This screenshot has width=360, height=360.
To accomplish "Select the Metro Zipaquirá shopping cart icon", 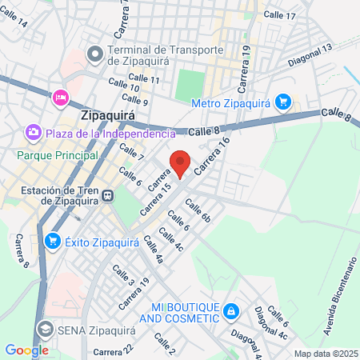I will (282, 102).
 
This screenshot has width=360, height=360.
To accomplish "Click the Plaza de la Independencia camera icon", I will (34, 130).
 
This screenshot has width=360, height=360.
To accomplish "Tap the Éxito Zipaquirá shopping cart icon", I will (53, 240).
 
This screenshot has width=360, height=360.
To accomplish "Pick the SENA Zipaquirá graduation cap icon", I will (45, 328).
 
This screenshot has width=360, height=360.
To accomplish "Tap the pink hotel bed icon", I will (60, 98).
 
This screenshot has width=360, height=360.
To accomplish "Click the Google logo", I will (26, 350).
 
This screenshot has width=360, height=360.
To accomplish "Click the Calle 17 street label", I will (279, 15).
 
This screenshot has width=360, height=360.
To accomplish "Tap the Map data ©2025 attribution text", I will (325, 353).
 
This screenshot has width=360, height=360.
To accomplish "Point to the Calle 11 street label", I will (144, 79).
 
